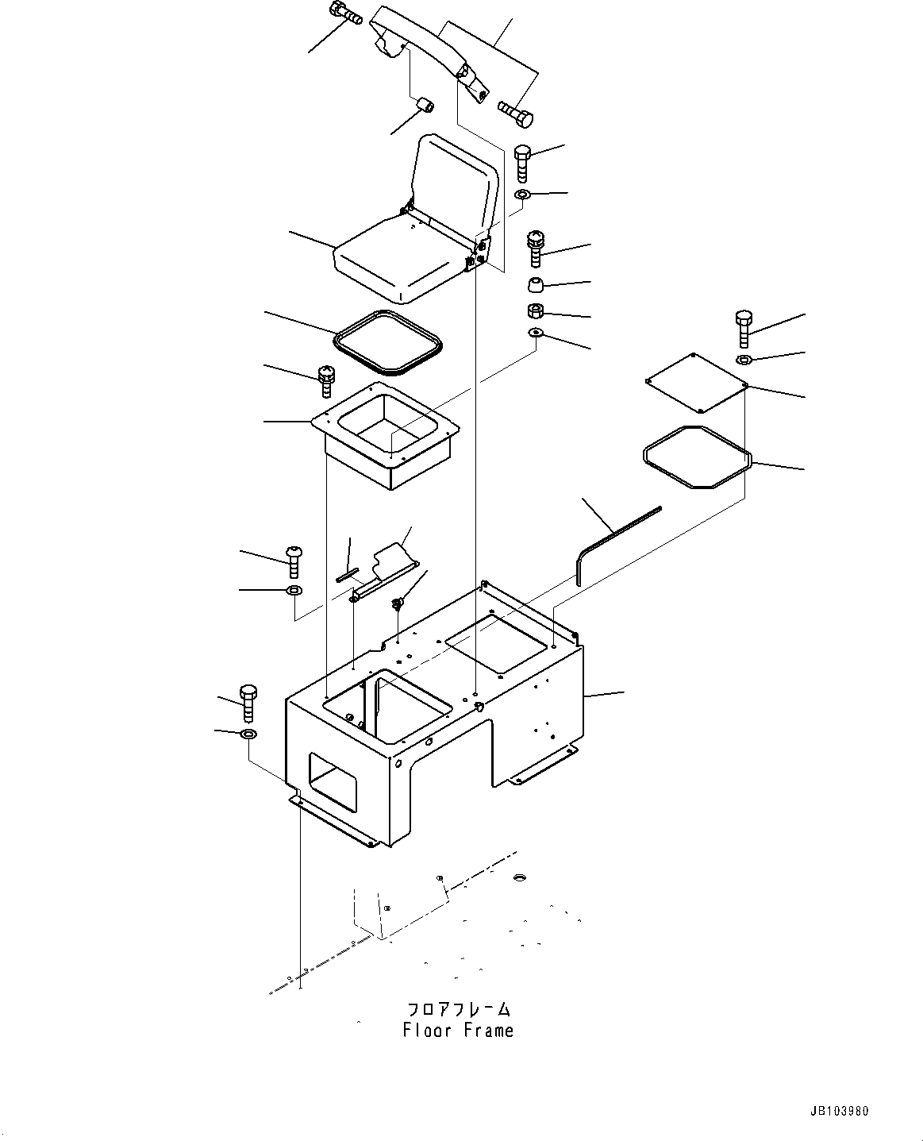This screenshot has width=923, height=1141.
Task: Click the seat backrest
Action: coord(457,176)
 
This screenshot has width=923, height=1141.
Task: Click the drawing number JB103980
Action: coord(844,1112)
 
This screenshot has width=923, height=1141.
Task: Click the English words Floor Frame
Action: coord(458,1031)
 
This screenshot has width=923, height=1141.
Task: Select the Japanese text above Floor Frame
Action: coord(458,1009)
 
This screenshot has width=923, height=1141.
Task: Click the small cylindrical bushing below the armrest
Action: coord(425,104)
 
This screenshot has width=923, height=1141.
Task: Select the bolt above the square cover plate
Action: coord(744,328)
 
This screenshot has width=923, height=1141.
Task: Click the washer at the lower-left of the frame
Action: coord(248,733)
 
